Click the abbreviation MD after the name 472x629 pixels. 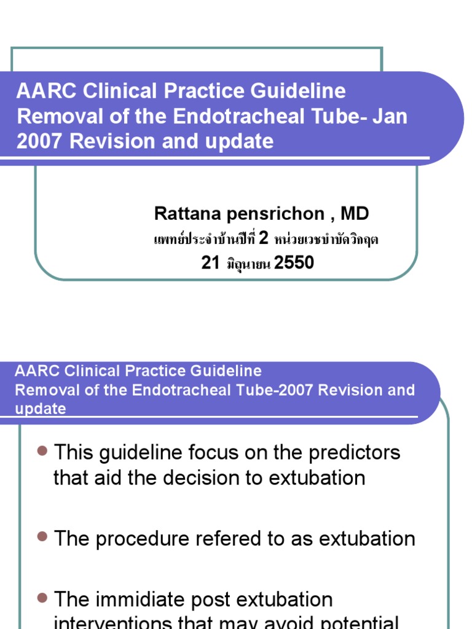point(355,214)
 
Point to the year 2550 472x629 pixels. point(294,263)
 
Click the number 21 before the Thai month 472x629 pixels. point(211,263)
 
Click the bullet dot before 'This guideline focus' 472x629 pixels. point(42,451)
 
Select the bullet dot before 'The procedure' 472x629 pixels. point(42,537)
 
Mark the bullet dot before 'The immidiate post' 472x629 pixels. point(42,597)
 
